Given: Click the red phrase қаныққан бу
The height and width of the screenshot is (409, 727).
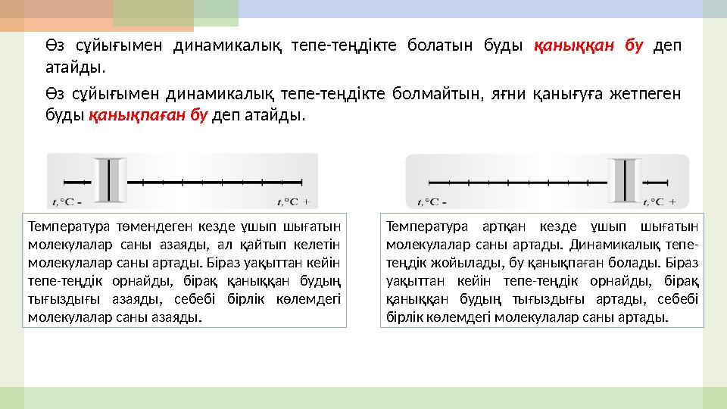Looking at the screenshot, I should tap(588, 45).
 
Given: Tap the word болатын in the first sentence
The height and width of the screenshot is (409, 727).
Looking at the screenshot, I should tap(463, 45).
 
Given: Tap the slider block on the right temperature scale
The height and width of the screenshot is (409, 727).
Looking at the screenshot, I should tap(628, 181).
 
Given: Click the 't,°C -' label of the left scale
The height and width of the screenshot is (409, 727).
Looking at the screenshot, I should tap(67, 201).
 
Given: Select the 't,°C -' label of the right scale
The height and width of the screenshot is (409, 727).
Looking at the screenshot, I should tap(432, 202).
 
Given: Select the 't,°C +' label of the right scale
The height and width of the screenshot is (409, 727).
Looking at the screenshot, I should tap(660, 202).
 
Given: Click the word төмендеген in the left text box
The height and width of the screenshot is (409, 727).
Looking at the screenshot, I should tap(137, 226).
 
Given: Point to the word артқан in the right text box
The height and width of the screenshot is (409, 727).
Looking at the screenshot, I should tap(501, 226).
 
